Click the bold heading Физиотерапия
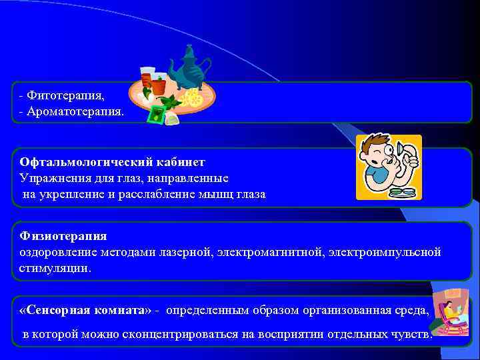tap(63, 236)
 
